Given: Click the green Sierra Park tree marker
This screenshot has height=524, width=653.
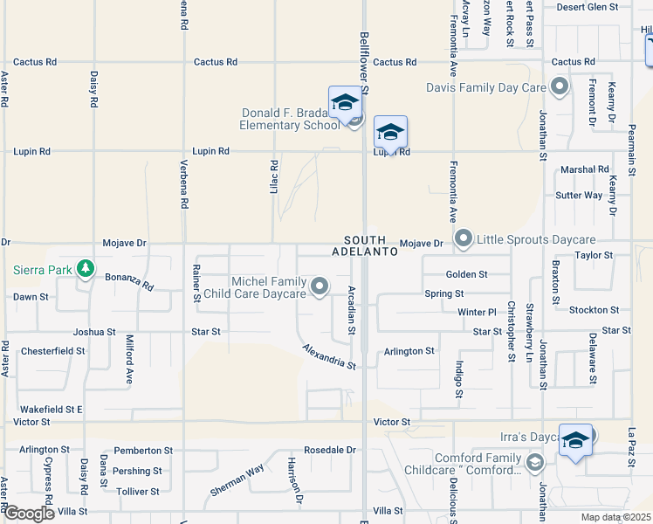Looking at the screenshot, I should tap(85, 268).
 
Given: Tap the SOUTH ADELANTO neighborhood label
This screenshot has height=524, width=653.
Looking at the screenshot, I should tap(365, 245).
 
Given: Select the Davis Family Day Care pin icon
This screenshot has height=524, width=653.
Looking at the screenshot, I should tap(560, 86).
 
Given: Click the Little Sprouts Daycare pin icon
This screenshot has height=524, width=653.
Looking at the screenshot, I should tap(464, 238).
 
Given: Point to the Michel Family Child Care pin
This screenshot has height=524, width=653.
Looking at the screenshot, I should tap(320, 286).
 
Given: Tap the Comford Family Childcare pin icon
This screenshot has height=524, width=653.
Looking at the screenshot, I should tap(534, 462).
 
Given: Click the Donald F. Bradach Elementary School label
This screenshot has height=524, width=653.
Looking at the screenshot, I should tap(290, 119).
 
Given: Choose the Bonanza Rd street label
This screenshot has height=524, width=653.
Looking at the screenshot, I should tap(129, 281).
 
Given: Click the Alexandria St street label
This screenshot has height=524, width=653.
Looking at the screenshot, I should tap(330, 356).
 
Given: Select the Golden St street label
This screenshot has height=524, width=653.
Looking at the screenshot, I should tap(466, 274).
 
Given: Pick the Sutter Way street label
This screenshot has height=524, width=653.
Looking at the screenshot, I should tap(581, 196).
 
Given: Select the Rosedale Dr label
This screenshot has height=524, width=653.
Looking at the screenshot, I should tap(330, 450).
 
